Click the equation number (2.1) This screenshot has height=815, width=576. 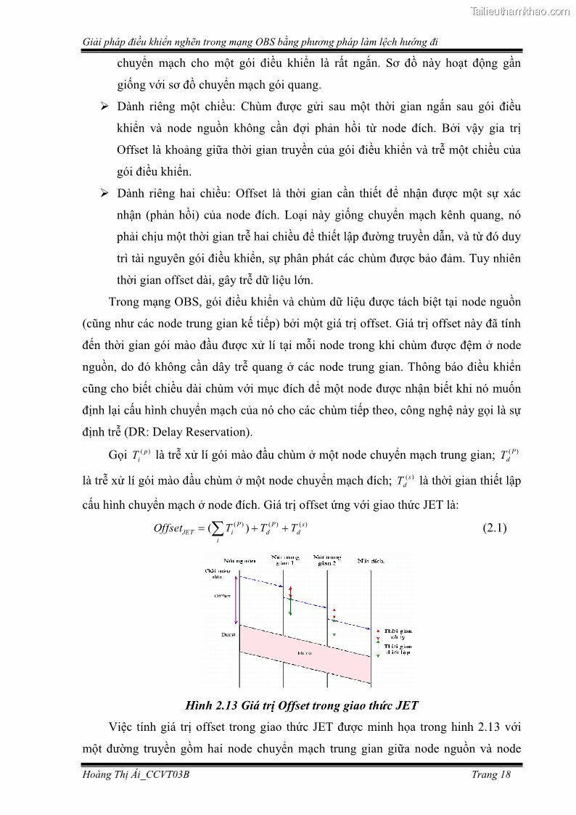pos(494,528)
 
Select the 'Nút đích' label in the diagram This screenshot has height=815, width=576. pos(371,561)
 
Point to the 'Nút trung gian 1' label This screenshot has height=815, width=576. pos(285,560)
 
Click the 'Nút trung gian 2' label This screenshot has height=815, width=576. pos(328,560)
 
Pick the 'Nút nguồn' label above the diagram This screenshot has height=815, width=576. pos(239,561)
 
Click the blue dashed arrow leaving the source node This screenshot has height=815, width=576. pos(261,581)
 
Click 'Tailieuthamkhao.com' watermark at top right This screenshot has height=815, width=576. pos(520,11)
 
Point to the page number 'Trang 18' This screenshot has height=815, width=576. pos(491,774)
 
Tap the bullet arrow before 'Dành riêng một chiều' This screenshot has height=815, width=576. pos(104,107)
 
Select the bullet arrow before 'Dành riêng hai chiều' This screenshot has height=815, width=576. pos(104,194)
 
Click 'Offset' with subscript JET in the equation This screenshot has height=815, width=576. pos(173,529)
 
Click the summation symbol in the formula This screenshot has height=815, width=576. pos(217,529)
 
